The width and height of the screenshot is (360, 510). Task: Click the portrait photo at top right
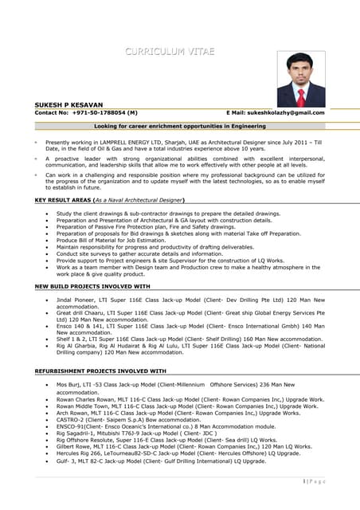(x=300, y=79)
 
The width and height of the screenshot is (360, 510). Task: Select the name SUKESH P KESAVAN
(x=69, y=105)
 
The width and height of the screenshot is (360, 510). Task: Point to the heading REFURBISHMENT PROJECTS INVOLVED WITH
(x=100, y=371)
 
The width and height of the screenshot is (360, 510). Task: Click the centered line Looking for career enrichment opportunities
(x=179, y=126)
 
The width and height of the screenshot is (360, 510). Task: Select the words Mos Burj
(x=69, y=385)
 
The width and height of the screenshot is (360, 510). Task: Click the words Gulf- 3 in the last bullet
(x=68, y=461)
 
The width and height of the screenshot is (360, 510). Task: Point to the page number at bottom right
(x=314, y=481)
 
